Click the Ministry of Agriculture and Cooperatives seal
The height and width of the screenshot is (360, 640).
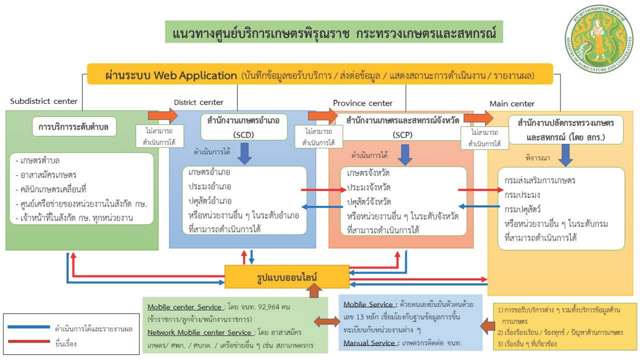[x=599, y=39]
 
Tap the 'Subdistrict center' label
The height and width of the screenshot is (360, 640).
[x=44, y=101]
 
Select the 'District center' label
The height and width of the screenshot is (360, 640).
[x=199, y=102]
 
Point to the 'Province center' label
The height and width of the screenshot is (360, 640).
[x=362, y=103]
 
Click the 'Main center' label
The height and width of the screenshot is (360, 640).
[x=511, y=104]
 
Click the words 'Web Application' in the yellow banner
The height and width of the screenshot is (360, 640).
[x=195, y=76]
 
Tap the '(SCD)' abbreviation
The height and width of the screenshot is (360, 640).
[x=244, y=135]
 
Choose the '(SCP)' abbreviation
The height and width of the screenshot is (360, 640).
[x=402, y=135]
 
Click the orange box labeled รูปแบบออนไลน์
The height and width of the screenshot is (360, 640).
[x=287, y=277]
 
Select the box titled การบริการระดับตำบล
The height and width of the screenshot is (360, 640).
[x=74, y=127]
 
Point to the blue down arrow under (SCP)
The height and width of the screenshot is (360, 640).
[x=405, y=155]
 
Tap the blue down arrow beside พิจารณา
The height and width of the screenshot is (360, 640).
[x=565, y=155]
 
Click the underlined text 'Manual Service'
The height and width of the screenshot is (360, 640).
[x=369, y=343]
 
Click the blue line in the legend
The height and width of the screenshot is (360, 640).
[x=29, y=327]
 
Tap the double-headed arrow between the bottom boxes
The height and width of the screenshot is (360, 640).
[x=326, y=321]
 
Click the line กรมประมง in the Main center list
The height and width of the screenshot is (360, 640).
[x=522, y=195]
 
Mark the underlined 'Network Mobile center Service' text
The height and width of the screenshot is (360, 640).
[x=199, y=332]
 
